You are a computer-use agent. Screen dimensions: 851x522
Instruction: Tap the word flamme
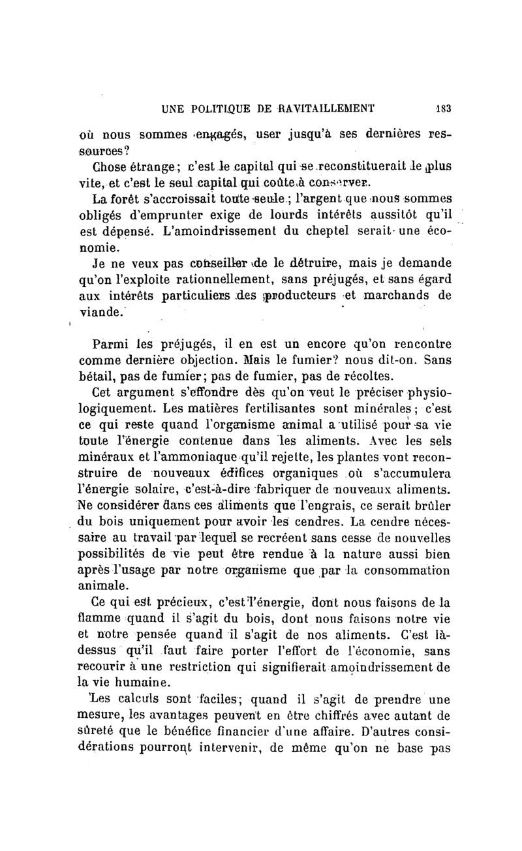[94, 618]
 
